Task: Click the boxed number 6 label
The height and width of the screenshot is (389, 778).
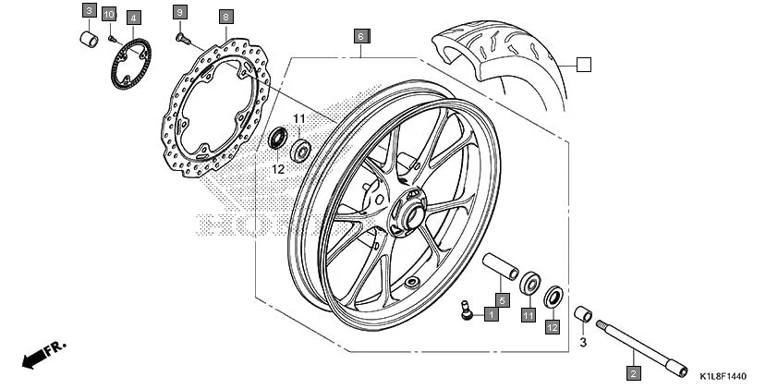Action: coord(361,37)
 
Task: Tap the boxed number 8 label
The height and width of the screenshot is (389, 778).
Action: coord(226,18)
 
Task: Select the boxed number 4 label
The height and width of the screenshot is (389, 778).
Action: coord(133,18)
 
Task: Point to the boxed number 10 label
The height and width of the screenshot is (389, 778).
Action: coord(109,14)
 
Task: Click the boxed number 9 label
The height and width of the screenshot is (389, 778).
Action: coord(180,12)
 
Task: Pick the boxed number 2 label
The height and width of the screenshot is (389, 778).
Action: coord(633,373)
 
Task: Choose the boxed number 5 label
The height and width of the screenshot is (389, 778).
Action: coord(501,299)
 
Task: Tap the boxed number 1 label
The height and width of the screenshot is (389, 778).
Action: coord(491,314)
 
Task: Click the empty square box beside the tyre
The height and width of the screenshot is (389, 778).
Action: coord(583,64)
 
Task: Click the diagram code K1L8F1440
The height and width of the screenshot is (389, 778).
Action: coord(722,377)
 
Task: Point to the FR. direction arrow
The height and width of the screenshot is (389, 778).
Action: coord(43,354)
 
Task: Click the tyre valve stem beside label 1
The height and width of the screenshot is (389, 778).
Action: coord(467,311)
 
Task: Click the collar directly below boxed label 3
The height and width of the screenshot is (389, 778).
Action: coord(90,42)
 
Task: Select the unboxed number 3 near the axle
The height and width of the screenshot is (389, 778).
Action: coord(583,342)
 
